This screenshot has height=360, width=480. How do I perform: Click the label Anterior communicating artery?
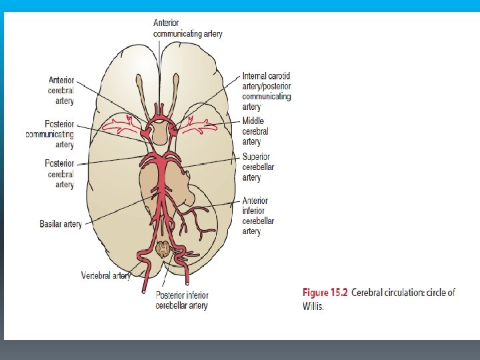click(188, 27)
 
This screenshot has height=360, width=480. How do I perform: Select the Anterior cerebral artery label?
click(61, 89)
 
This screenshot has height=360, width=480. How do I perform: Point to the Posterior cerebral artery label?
click(59, 173)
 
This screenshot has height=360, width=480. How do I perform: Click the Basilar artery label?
click(61, 224)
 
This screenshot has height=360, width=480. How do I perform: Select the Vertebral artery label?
click(105, 275)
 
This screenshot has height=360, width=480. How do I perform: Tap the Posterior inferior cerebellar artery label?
click(182, 301)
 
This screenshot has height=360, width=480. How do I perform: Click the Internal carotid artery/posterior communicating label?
click(267, 91)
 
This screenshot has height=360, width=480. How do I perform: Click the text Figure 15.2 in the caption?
click(325, 293)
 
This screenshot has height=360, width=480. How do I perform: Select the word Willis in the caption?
click(313, 307)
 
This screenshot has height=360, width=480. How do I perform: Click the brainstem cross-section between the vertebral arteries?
click(163, 250)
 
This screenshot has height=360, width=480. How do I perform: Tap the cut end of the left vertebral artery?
click(143, 290)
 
